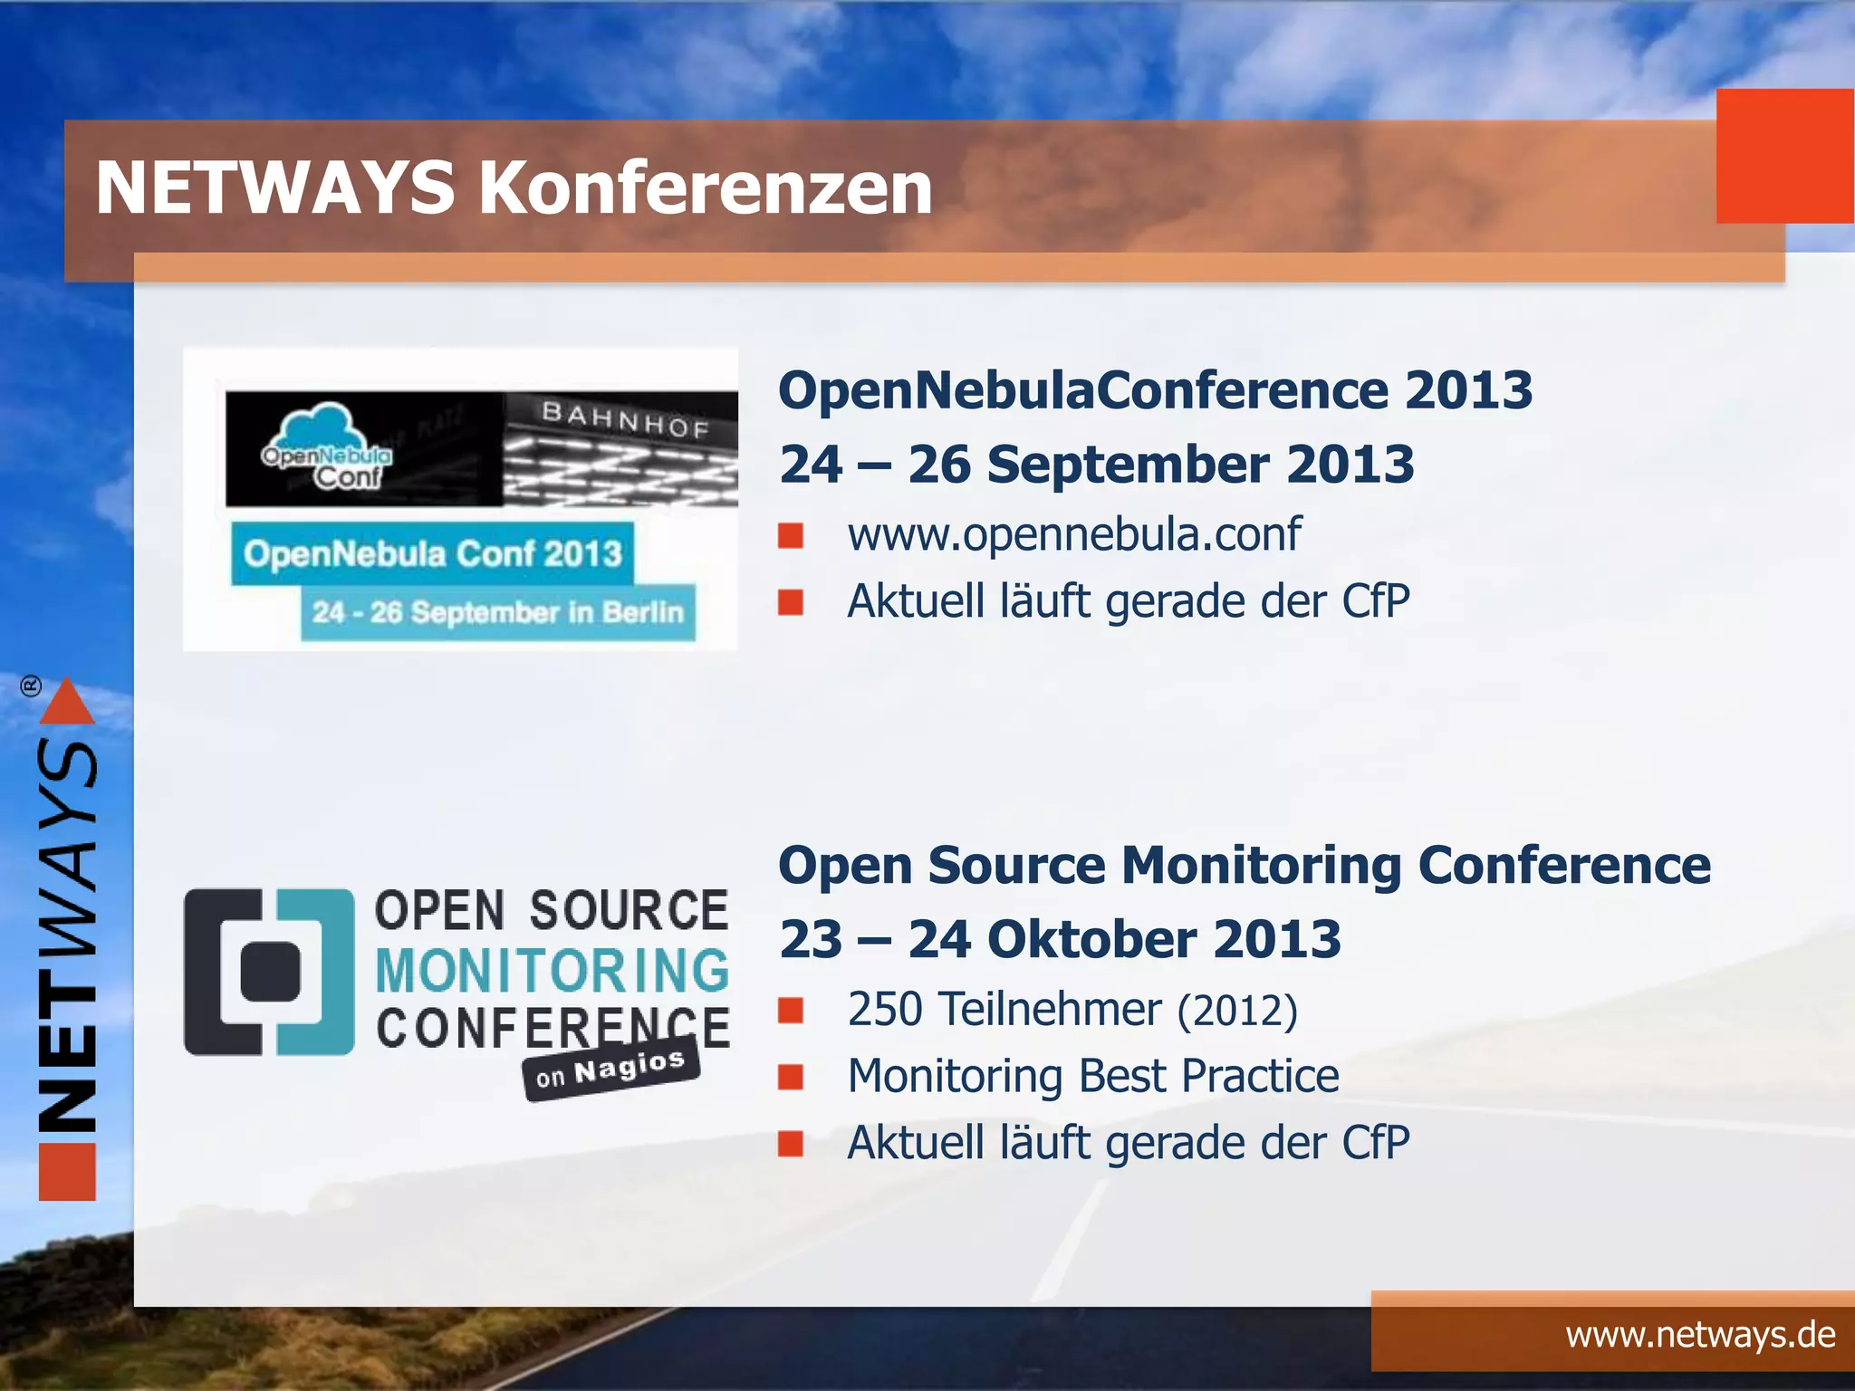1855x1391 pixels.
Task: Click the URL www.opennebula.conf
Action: pyautogui.click(x=1074, y=533)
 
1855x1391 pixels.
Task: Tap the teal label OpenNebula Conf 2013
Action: pyautogui.click(x=432, y=553)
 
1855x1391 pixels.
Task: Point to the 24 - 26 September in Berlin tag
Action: pyautogui.click(x=497, y=613)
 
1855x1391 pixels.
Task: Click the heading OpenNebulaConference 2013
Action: pyautogui.click(x=1155, y=390)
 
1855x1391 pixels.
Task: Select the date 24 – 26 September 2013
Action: pyautogui.click(x=1096, y=465)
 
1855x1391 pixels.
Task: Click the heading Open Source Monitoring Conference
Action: pyautogui.click(x=1244, y=865)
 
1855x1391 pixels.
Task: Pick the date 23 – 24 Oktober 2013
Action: pyautogui.click(x=1060, y=939)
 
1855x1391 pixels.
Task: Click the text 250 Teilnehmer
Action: pyautogui.click(x=1004, y=1009)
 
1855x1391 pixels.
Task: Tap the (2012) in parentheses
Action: pyautogui.click(x=1237, y=1011)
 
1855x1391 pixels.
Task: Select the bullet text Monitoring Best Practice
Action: pyautogui.click(x=1092, y=1076)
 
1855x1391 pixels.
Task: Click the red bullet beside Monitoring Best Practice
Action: pyautogui.click(x=791, y=1077)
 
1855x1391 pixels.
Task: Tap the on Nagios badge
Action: pyautogui.click(x=610, y=1070)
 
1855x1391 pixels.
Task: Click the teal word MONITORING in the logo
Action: pyautogui.click(x=552, y=971)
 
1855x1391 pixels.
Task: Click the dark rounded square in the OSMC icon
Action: pyautogui.click(x=270, y=972)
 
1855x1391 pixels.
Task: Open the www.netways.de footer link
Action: pyautogui.click(x=1700, y=1335)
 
